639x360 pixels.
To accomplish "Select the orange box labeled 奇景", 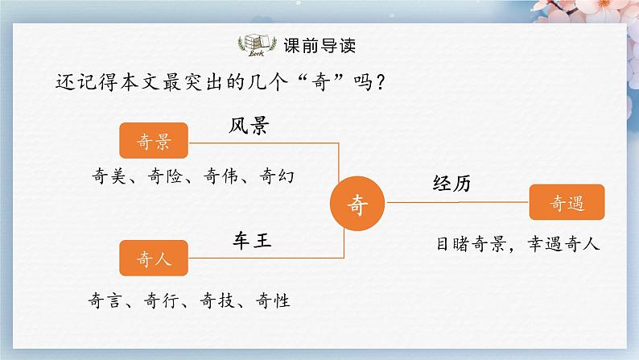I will coord(153,140).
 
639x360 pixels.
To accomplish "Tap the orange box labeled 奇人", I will coord(153,259).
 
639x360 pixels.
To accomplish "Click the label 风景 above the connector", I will coord(248,126).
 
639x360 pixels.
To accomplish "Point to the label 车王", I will coord(249,239).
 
